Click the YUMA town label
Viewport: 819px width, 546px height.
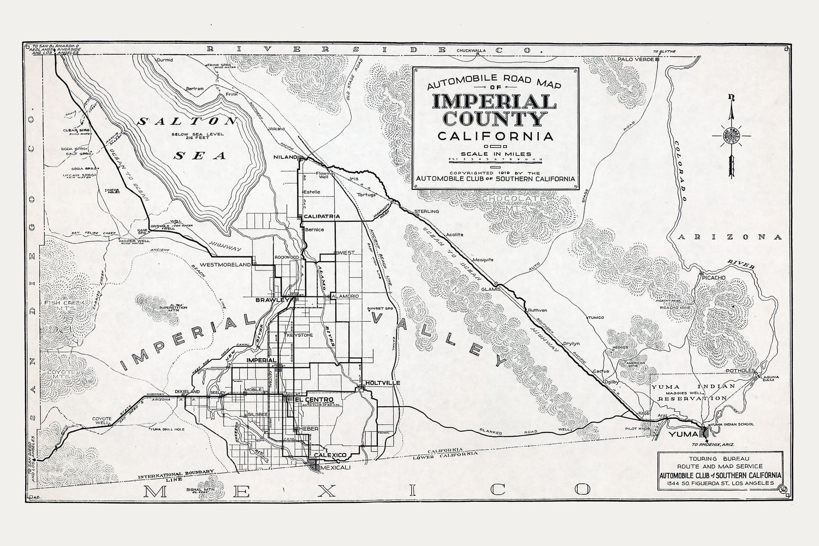[x=683, y=434]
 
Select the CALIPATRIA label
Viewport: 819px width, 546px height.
[x=322, y=216]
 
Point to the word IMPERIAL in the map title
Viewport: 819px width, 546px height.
[x=494, y=102]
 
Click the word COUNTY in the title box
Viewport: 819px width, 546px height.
[x=495, y=120]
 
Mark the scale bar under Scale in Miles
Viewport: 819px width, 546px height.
[x=495, y=159]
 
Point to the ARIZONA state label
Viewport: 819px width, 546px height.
[x=729, y=237]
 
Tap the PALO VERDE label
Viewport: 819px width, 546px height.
[x=635, y=59]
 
